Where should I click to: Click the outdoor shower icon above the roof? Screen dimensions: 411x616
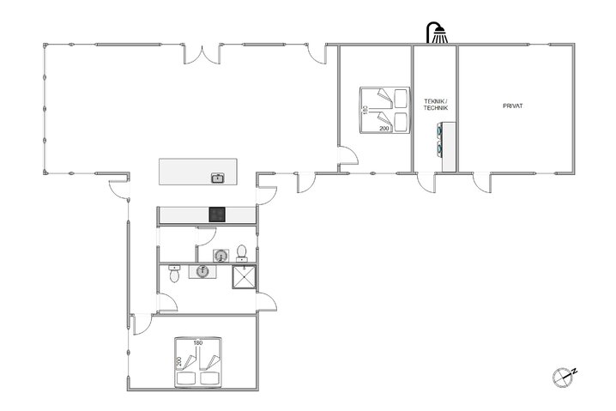[438, 33]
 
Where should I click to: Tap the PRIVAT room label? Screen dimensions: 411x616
[513, 106]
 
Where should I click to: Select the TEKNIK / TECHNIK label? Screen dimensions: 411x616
[435, 105]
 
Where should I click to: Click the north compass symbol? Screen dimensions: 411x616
[565, 374]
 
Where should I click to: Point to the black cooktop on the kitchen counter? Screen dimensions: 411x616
[218, 215]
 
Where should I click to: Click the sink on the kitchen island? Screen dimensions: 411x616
[218, 178]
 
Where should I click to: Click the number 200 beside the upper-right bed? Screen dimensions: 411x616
[384, 128]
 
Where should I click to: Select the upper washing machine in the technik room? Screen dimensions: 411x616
[444, 130]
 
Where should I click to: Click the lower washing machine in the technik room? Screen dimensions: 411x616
[444, 148]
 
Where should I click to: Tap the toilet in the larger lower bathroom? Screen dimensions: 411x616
[175, 274]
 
